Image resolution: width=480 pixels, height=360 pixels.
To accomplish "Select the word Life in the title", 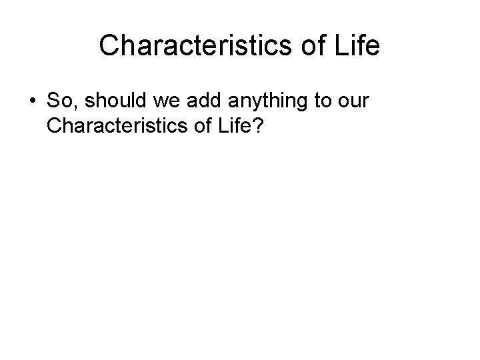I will pyautogui.click(x=356, y=46).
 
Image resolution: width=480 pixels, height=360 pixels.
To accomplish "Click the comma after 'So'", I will pyautogui.click(x=72, y=106).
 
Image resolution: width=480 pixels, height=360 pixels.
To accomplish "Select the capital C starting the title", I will pyautogui.click(x=108, y=46).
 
